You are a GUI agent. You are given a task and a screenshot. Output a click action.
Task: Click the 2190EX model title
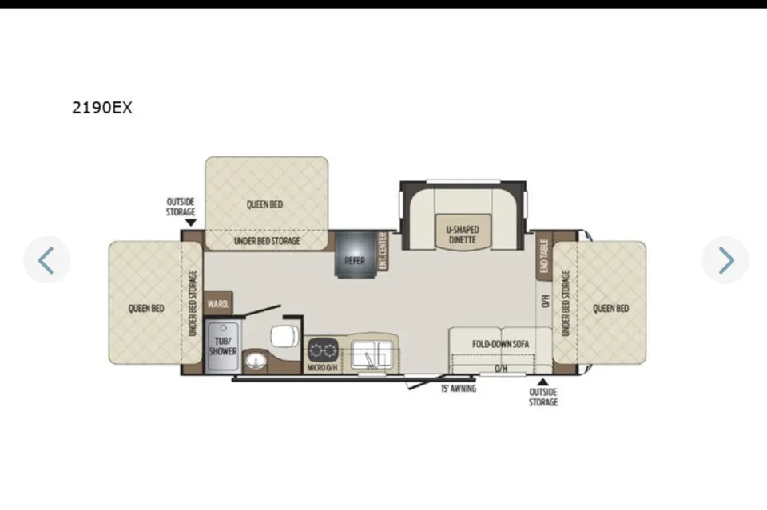pyautogui.click(x=101, y=108)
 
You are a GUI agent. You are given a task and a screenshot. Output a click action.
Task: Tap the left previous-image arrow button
pyautogui.click(x=46, y=260)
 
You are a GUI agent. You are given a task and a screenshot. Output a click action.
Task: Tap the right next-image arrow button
pyautogui.click(x=725, y=260)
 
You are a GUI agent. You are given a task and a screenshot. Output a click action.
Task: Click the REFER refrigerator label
pyautogui.click(x=355, y=261)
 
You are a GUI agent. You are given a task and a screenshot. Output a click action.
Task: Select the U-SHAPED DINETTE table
pyautogui.click(x=463, y=232)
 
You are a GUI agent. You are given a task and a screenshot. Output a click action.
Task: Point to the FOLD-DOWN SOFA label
pyautogui.click(x=500, y=344)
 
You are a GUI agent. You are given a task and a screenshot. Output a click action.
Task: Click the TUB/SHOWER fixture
pyautogui.click(x=223, y=346)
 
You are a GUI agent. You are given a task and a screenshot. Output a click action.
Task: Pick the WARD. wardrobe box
pyautogui.click(x=217, y=303)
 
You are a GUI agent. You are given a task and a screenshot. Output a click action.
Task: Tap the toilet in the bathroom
pyautogui.click(x=284, y=335)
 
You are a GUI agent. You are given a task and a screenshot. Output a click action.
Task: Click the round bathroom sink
pyautogui.click(x=254, y=362)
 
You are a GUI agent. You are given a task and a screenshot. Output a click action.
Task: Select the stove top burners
pyautogui.click(x=322, y=350)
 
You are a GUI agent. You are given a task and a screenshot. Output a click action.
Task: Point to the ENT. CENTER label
pyautogui.click(x=383, y=251)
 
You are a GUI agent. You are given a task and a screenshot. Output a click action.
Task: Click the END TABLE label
pyautogui.click(x=544, y=256)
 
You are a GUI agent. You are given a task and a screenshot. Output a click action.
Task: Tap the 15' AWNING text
pyautogui.click(x=459, y=389)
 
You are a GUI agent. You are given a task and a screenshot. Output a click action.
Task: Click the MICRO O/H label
pyautogui.click(x=322, y=367)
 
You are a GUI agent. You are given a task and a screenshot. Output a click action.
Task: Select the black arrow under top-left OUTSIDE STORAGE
pyautogui.click(x=191, y=223)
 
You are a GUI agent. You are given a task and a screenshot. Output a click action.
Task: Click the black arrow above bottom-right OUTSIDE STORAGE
pyautogui.click(x=542, y=382)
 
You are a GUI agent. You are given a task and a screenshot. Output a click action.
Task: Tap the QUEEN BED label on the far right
pyautogui.click(x=610, y=308)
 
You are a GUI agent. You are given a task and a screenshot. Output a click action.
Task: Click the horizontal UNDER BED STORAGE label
pyautogui.click(x=267, y=241)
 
